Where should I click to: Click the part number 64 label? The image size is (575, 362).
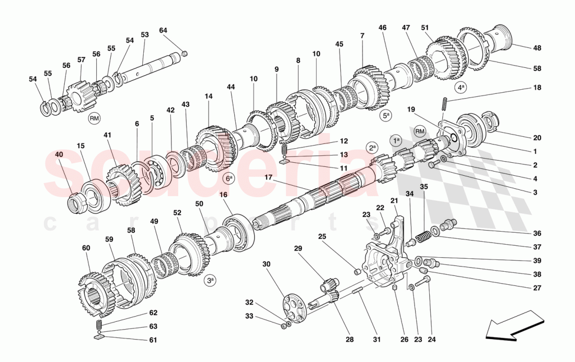pos(163,30)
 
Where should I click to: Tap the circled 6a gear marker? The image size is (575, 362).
pos(228,178)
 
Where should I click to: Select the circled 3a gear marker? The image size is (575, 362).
pos(210,281)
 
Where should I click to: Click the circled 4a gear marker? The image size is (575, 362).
pos(461,88)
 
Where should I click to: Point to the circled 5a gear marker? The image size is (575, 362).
pos(386,116)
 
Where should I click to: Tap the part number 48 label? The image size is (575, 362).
pos(537,48)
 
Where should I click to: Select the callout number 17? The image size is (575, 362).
pos(268,177)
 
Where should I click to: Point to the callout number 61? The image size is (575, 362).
pos(153,340)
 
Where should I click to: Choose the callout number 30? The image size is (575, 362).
pos(267,264)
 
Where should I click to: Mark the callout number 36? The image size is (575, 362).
pos(537,234)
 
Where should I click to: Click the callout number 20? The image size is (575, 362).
pos(537,138)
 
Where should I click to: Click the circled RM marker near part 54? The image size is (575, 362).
pos(94,119)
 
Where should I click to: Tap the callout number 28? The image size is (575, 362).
pos(349,340)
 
